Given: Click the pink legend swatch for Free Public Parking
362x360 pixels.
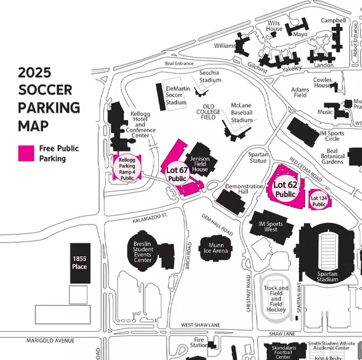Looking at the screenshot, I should coord(26,154).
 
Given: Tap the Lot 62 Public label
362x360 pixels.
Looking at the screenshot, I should coord(285,190).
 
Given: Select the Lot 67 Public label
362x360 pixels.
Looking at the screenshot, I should coord(177,174).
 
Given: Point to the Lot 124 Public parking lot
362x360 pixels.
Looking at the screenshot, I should coord(318,200).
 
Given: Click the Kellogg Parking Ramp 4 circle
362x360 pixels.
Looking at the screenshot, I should coord(127,168).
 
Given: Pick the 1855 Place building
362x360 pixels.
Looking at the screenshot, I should coord(80,262).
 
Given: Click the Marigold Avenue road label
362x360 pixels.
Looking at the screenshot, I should coord(50,341).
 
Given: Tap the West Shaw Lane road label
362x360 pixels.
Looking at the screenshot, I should coord(200,325).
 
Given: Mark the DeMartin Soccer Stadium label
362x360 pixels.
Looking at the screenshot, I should coord(176,95).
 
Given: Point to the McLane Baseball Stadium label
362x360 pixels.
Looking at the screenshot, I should coord(241,113).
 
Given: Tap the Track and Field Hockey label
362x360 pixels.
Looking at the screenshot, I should coord(276,299).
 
